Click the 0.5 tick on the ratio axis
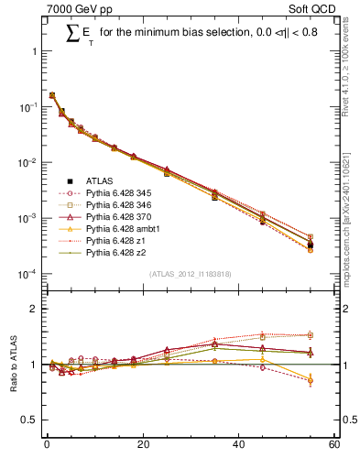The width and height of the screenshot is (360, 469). pyautogui.click(x=33, y=420)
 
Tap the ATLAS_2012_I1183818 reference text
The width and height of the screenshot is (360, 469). pyautogui.click(x=189, y=274)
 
